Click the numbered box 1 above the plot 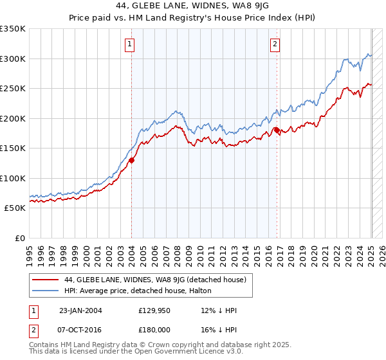(130, 44)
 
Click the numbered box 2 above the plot (275, 44)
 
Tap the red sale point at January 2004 (131, 160)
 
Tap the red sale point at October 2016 (277, 130)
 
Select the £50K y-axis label (15, 208)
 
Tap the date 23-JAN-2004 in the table (80, 311)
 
